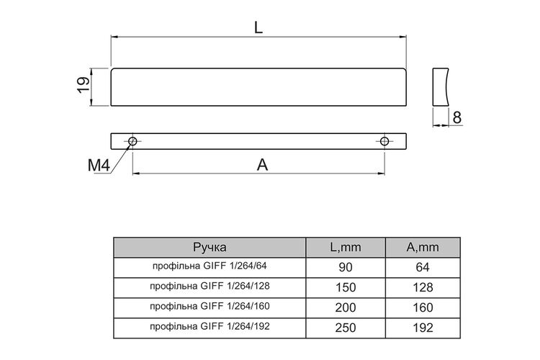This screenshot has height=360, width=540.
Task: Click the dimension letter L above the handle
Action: click(258, 27)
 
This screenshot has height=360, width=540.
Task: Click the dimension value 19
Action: click(84, 85)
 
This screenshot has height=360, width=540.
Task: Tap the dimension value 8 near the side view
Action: click(457, 118)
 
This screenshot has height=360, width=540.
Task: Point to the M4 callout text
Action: click(99, 166)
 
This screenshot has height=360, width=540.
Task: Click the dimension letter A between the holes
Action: click(262, 165)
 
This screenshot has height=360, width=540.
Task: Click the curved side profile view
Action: click(441, 87)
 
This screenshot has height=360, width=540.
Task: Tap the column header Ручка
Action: click(210, 247)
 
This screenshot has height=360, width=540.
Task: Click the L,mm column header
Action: click(346, 247)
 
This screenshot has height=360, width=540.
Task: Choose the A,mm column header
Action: click(423, 247)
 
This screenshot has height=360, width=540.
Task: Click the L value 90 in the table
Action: click(346, 267)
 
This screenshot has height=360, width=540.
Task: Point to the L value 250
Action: click(346, 328)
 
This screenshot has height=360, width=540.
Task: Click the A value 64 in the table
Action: click(423, 267)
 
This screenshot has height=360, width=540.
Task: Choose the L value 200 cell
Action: click(346, 307)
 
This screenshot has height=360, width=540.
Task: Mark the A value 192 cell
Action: click(423, 328)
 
